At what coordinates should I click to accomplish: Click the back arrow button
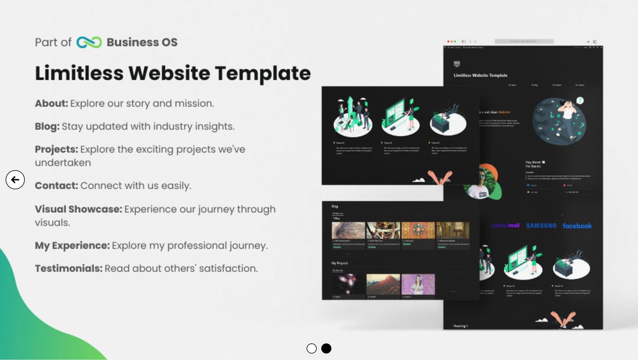(15, 180)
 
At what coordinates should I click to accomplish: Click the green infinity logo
(89, 43)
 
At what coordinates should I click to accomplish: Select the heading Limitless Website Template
(172, 73)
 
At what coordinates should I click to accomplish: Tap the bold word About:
(51, 104)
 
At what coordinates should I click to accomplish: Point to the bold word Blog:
(47, 127)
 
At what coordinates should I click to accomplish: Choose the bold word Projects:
(56, 149)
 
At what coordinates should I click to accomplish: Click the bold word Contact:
(56, 185)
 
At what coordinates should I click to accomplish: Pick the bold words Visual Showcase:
(78, 209)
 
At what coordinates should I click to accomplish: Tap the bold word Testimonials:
(68, 269)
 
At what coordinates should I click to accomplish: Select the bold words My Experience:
(72, 246)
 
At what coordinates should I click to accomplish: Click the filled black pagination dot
(326, 348)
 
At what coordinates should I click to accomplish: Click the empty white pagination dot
(312, 348)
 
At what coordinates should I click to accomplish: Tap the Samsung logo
(541, 226)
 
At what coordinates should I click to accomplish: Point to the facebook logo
(577, 226)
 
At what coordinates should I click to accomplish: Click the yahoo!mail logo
(505, 226)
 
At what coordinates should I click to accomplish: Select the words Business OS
(142, 43)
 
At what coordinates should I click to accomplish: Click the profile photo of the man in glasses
(480, 183)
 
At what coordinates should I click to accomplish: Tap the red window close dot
(448, 41)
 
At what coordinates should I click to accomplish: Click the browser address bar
(524, 41)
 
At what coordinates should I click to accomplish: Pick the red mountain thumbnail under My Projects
(383, 284)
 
